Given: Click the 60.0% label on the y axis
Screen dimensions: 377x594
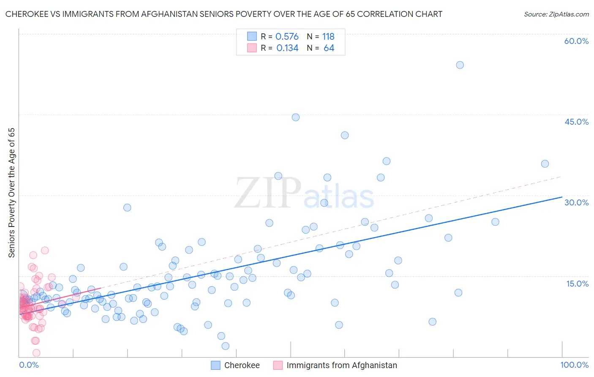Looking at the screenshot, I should [576, 41].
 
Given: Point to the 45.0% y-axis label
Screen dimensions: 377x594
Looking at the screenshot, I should [576, 122].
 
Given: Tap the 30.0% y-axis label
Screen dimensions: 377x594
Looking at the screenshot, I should [576, 202].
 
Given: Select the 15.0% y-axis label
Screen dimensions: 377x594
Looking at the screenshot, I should [577, 284].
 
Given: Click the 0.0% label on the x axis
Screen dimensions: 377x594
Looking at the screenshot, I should [29, 365].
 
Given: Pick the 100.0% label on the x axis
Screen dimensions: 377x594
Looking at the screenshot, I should [574, 365].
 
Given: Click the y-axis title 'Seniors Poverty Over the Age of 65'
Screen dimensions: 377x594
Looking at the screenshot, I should [11, 193].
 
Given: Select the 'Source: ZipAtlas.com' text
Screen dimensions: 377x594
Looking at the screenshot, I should [556, 14].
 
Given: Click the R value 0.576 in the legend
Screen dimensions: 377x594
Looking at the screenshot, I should [287, 37].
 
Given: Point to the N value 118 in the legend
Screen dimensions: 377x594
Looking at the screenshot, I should [328, 37].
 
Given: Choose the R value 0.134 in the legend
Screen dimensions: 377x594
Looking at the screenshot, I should [287, 48].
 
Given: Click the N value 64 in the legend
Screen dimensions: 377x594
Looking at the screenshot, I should [329, 48].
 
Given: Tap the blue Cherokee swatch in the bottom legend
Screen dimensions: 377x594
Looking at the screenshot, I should [215, 365].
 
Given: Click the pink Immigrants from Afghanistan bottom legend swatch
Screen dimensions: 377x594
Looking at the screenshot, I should [278, 365].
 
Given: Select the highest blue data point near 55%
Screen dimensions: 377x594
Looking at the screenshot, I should [460, 65].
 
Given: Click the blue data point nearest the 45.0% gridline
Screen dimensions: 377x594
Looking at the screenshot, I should [296, 117].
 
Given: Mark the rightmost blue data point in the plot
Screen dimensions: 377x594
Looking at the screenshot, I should [545, 164].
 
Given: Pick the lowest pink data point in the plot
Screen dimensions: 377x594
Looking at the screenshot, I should [36, 353].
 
